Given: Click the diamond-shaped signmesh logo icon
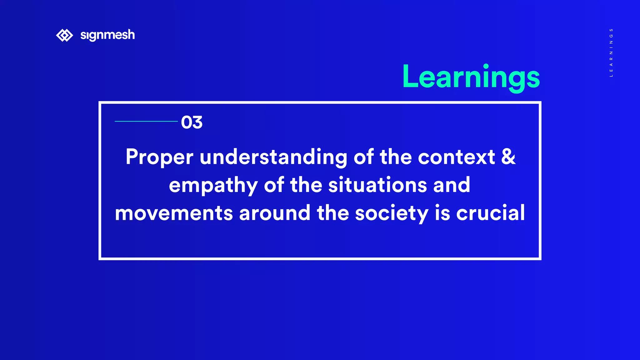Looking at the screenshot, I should (64, 35).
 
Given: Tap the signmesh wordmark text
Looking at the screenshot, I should (107, 35).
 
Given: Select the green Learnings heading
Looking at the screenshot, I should (471, 77).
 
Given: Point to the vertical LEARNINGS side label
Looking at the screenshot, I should (611, 52).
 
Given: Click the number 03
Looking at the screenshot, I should (192, 122).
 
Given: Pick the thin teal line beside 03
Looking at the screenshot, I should (146, 121).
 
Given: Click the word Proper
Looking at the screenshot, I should (159, 157).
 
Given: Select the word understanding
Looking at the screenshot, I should (273, 157).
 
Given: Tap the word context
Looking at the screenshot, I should (456, 157).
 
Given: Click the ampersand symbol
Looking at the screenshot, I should (508, 157).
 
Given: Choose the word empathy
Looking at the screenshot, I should (213, 185).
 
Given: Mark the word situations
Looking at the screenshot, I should (377, 185).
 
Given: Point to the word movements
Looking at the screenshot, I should (174, 213).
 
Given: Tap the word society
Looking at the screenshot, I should (392, 213).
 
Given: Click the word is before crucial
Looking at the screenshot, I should (442, 213).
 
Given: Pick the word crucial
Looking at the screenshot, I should (491, 213).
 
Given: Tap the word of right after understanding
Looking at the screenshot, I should (363, 157).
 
